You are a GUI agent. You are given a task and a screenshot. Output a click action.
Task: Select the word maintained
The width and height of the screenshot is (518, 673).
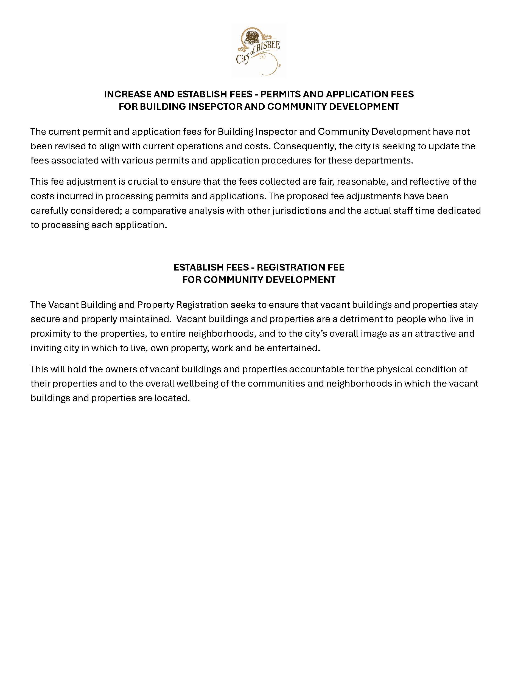[x=145, y=319]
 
